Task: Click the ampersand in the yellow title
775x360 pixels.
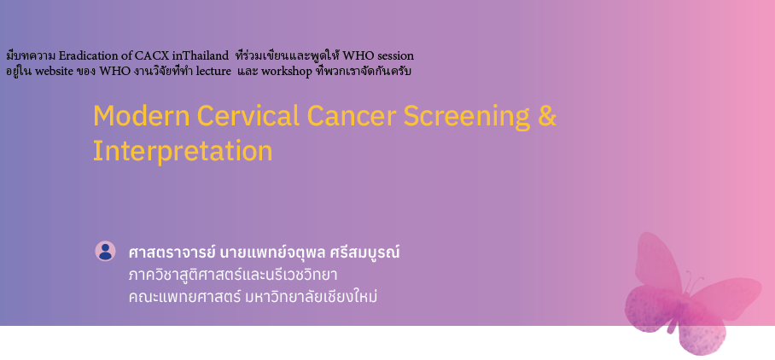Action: pyautogui.click(x=547, y=116)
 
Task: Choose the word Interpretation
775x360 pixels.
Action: pyautogui.click(x=182, y=151)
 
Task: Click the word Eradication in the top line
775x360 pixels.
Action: pyautogui.click(x=89, y=56)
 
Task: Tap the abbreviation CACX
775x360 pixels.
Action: pyautogui.click(x=152, y=56)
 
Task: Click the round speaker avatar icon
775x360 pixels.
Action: pyautogui.click(x=105, y=251)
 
